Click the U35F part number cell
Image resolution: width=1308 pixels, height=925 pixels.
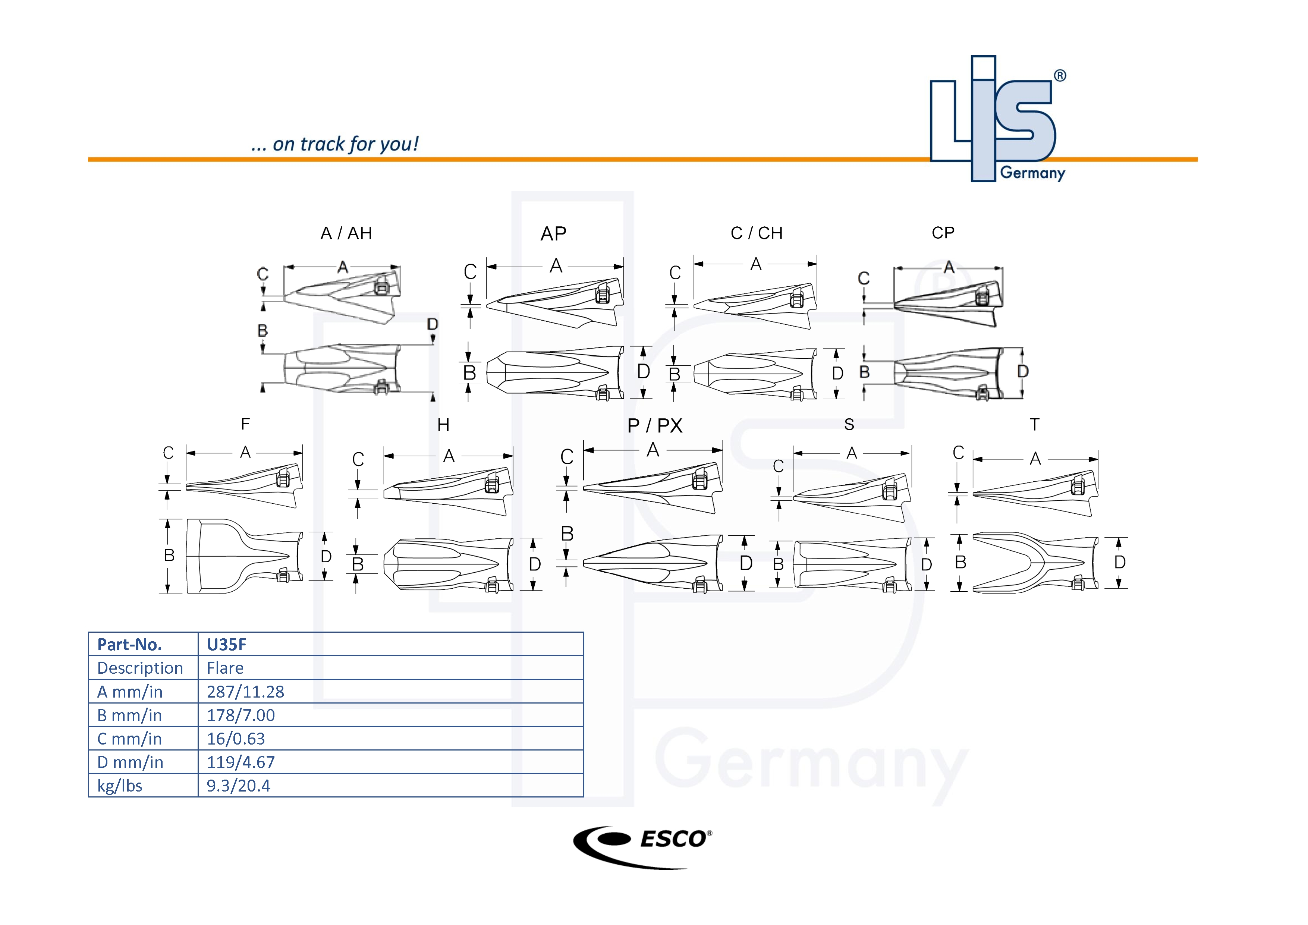(x=226, y=644)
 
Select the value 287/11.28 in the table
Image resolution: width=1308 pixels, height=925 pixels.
(x=245, y=692)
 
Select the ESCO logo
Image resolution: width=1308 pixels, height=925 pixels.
(x=642, y=846)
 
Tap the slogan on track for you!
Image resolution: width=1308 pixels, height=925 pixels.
(x=335, y=144)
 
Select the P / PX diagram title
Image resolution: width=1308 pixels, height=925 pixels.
(x=655, y=425)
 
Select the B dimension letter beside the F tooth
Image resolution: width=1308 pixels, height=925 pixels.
(x=169, y=556)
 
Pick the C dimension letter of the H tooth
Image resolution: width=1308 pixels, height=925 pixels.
(x=358, y=459)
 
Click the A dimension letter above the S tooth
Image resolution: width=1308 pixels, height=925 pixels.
(x=852, y=453)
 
